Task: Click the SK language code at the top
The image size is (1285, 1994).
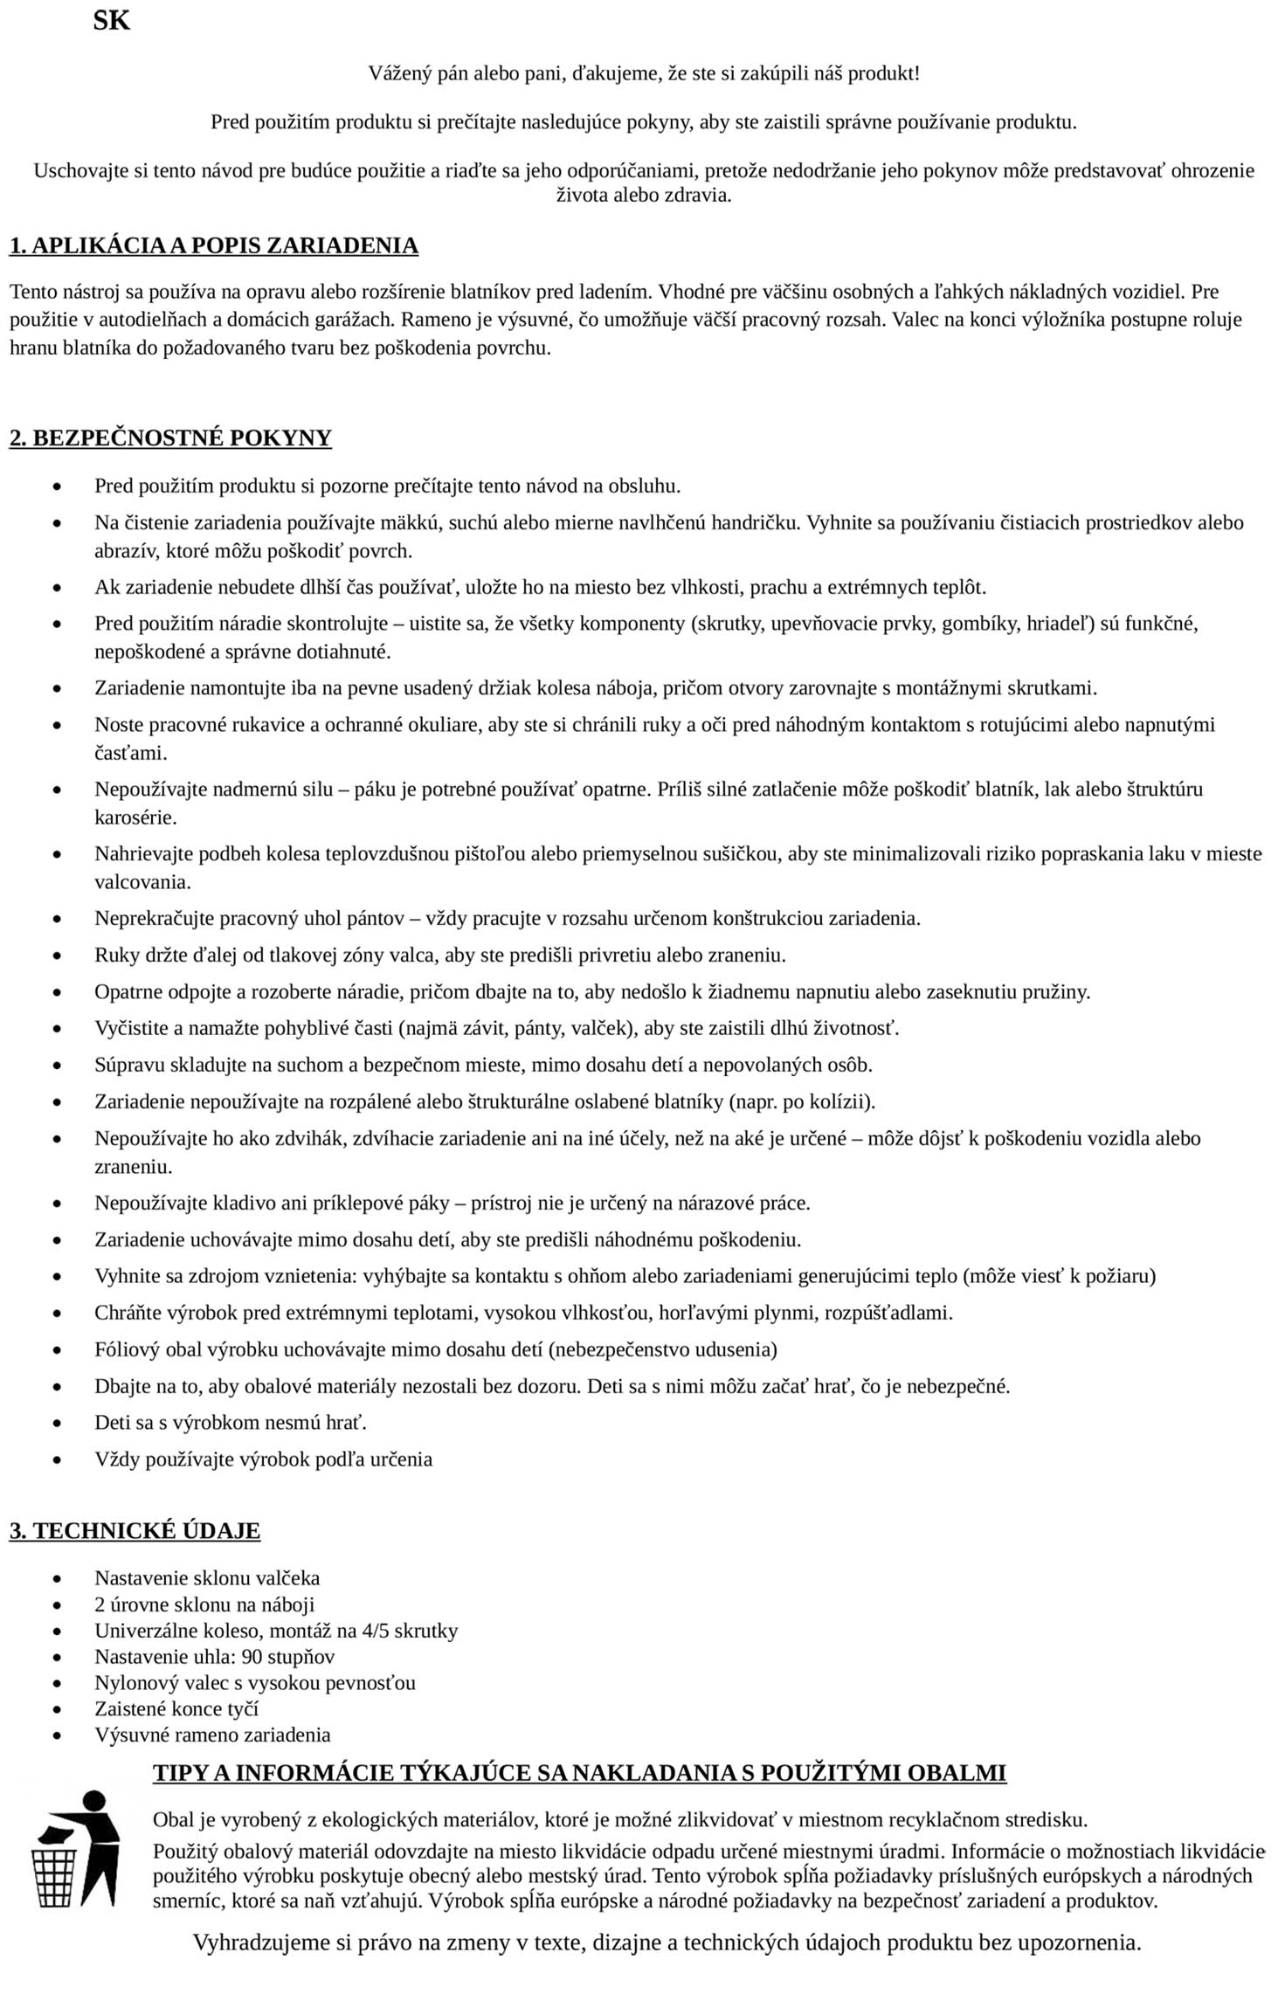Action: tap(111, 21)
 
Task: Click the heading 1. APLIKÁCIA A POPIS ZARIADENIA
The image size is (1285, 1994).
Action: tap(214, 245)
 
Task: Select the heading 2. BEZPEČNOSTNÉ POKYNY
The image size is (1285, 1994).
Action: tap(170, 438)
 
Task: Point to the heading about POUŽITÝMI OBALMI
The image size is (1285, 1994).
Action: tap(579, 1772)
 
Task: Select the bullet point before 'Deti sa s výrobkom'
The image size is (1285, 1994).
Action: tap(59, 1424)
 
